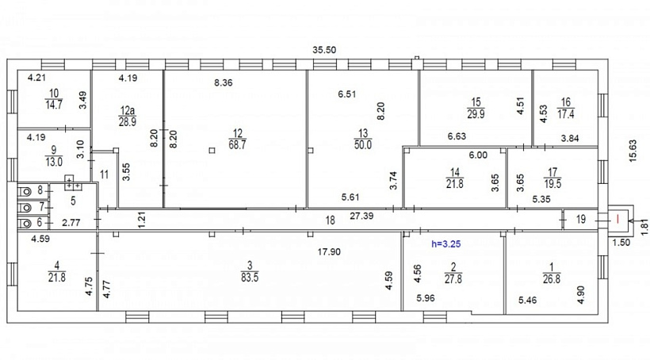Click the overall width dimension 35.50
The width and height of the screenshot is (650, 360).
[x=324, y=50]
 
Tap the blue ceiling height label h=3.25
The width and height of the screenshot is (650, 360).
[x=446, y=244]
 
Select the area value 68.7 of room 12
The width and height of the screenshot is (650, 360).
[x=237, y=145]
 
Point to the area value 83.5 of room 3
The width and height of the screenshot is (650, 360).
[x=250, y=278]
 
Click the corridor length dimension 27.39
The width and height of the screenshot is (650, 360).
[x=361, y=216]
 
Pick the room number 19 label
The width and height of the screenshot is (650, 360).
[x=581, y=219]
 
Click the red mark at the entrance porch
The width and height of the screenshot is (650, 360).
[x=617, y=218]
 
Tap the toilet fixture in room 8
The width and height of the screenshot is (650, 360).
[x=25, y=192]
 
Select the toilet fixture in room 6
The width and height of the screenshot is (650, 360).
[x=25, y=224]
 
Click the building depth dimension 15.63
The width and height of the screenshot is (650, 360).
[x=633, y=151]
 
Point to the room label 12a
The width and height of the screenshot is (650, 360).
[x=128, y=111]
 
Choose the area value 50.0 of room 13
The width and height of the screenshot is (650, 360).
[x=363, y=145]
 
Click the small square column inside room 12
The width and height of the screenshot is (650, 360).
[x=212, y=151]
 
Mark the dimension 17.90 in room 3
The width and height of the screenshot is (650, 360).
[x=329, y=251]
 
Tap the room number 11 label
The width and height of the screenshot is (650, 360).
[x=104, y=174]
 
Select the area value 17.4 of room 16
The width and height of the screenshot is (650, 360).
[x=565, y=114]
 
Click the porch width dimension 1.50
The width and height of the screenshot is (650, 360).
[x=621, y=243]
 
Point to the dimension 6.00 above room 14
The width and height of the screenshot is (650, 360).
[x=478, y=155]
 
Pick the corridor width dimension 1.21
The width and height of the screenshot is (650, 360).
[x=142, y=220]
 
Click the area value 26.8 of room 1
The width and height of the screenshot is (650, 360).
[x=552, y=279]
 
